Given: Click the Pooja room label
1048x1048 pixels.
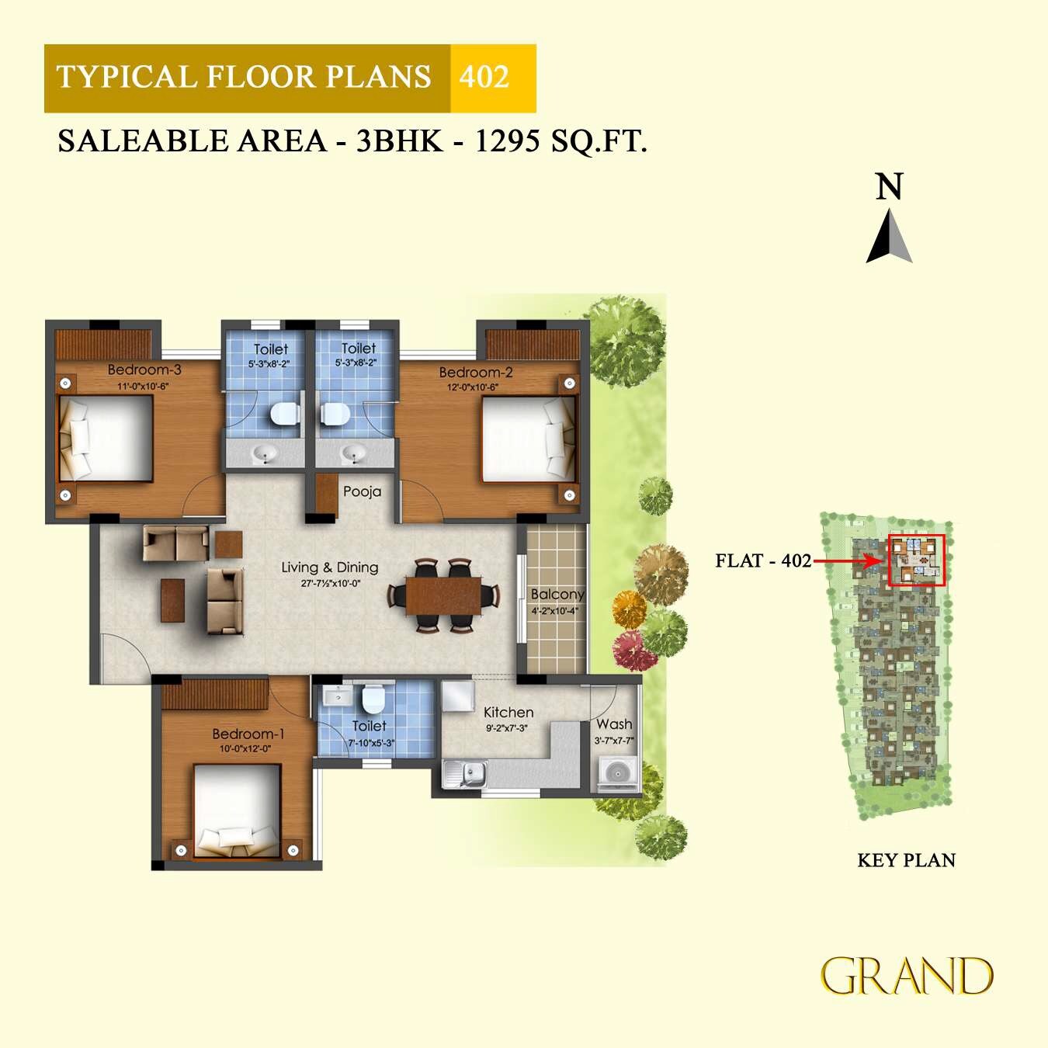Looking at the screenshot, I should click(362, 491).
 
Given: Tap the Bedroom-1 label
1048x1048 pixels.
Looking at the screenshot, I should click(248, 734).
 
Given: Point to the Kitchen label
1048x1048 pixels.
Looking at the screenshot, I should click(508, 712).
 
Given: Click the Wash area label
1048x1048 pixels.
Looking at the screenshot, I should click(614, 724).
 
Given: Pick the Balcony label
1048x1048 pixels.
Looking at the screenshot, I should click(557, 594).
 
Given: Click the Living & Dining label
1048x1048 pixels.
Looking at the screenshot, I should click(330, 567).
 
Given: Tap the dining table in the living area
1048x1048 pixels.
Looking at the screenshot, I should click(443, 595).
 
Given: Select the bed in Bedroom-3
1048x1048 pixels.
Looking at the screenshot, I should click(106, 438).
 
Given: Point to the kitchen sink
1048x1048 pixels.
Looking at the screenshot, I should click(464, 773).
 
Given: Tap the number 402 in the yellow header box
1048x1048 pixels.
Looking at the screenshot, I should click(484, 78).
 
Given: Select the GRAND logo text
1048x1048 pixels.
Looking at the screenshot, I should click(907, 976).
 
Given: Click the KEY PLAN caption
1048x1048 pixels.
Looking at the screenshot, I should click(906, 860).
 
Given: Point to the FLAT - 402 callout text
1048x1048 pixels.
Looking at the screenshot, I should click(762, 560).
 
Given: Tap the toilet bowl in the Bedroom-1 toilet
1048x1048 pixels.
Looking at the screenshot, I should click(373, 699).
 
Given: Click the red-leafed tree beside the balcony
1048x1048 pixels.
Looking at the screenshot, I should click(634, 651).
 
